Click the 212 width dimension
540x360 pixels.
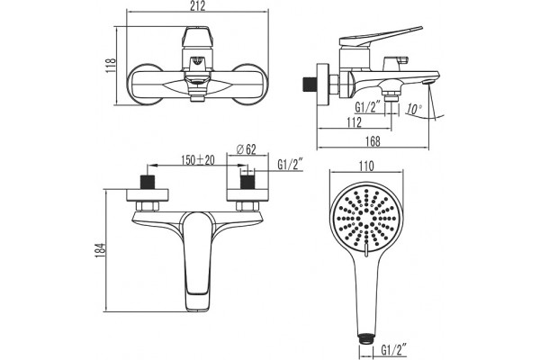click(x=197, y=6)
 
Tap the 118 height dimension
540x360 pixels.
click(x=111, y=65)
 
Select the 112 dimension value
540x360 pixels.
click(x=354, y=122)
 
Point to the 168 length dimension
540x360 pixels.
click(x=373, y=141)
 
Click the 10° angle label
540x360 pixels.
click(x=414, y=109)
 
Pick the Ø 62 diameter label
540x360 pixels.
click(x=247, y=149)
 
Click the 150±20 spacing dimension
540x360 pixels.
click(x=198, y=160)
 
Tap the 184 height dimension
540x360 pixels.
click(x=100, y=251)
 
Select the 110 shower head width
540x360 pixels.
click(x=366, y=166)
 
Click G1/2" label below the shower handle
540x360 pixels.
click(x=394, y=351)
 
